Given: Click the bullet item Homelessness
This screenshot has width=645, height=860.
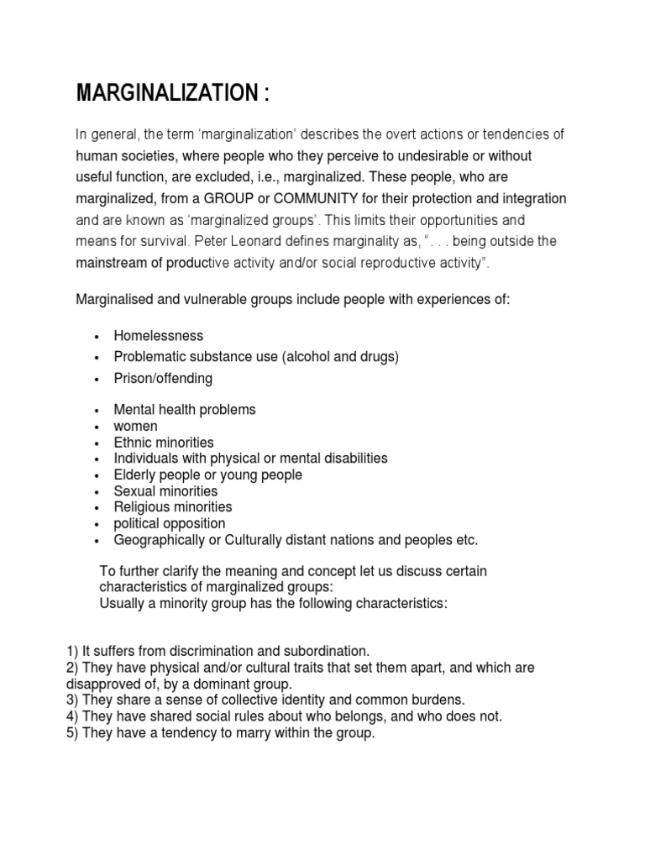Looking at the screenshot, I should coord(159,336).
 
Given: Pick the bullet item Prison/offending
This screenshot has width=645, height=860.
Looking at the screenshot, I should coord(163,378).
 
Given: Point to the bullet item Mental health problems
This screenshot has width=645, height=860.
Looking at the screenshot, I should coord(185,410).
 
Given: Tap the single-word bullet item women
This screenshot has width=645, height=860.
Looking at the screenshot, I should coord(135,426).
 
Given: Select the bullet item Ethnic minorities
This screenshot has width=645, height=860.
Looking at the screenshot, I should coord(164,443).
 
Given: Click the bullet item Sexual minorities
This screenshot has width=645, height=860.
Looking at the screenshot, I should coord(165,491).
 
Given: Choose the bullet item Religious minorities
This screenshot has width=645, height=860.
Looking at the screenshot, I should coord(173,507).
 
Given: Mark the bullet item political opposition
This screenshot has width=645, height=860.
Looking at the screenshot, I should coord(170,523).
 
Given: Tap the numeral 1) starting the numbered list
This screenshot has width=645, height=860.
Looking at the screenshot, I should coord(72,652).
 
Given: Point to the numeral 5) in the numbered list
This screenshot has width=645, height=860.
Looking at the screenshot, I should coord(72,732).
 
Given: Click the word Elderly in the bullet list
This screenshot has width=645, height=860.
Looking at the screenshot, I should coord(136,475).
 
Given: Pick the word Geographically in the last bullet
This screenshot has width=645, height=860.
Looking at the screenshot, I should coord(157,540).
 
